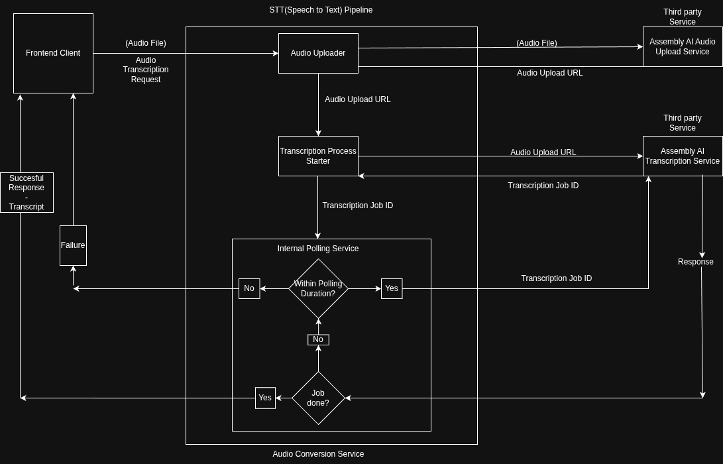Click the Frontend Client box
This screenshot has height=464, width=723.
53,53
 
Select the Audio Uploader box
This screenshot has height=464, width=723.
318,53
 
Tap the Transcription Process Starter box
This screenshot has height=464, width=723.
318,156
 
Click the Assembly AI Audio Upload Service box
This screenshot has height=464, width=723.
682,46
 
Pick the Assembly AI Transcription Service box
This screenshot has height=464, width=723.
682,156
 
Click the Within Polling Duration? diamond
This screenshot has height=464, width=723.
318,288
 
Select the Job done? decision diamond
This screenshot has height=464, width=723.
318,398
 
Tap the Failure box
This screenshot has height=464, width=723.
73,245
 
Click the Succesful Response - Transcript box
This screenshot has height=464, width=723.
27,192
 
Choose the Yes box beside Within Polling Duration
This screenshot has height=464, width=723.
392,288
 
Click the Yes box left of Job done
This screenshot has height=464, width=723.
265,398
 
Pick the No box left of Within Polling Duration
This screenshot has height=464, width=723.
249,288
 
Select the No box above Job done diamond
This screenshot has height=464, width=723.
318,339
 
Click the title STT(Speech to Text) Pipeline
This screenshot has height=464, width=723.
321,10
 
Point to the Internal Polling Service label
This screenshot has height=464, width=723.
318,249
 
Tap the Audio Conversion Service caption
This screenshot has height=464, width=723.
318,454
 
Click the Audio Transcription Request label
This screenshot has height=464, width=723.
146,70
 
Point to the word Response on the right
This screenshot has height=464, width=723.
695,262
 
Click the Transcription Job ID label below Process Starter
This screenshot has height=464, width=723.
358,205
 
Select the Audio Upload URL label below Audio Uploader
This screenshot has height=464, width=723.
358,99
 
